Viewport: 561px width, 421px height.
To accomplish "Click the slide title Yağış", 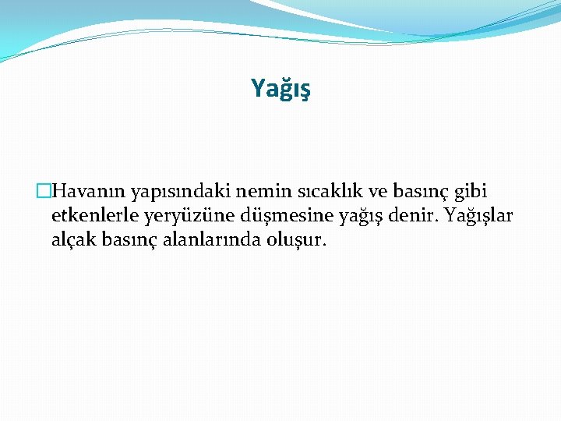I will pos(280,89).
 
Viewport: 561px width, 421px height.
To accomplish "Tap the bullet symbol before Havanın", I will pos(44,191).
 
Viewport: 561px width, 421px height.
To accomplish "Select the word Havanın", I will pos(89,191).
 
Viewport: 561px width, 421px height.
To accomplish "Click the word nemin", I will pos(252,191).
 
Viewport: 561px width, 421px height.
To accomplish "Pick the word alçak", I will pos(72,240).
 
